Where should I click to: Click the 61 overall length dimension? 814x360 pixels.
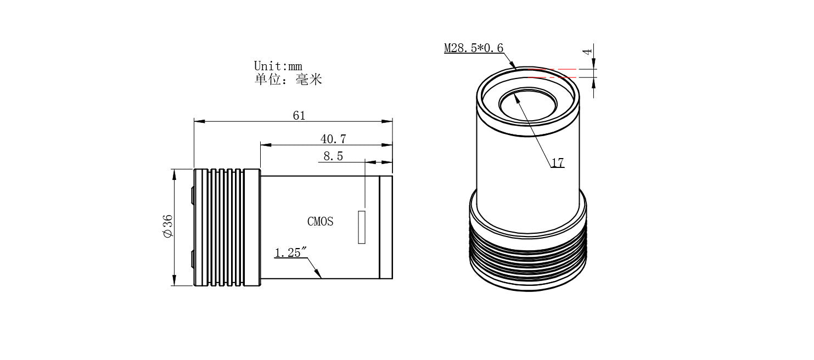tap(299, 115)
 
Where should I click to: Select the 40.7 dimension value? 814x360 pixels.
tap(333, 139)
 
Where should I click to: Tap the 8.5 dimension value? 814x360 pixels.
tap(333, 156)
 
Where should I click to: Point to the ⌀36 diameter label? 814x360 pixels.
tap(168, 226)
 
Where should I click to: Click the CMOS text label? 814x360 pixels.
tap(320, 222)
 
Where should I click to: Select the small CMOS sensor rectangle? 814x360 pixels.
tap(361, 227)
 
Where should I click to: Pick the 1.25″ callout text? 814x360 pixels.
tap(290, 252)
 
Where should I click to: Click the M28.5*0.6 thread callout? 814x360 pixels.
tap(473, 48)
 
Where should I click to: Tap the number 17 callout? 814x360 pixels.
tap(557, 163)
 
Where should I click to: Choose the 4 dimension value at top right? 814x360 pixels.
tap(588, 52)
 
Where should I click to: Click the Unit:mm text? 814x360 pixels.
tap(278, 66)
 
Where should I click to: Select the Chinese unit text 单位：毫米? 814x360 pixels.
tap(288, 80)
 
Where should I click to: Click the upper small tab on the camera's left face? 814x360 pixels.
tap(192, 196)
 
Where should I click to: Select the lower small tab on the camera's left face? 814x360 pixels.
tap(192, 259)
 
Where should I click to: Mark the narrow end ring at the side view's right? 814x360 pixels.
tap(386, 227)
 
